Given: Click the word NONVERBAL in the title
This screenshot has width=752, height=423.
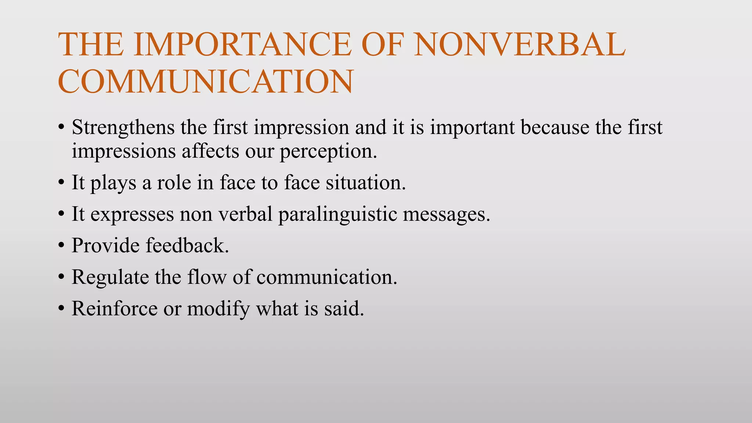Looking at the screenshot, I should [x=519, y=44].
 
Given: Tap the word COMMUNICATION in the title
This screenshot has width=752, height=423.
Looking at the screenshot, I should [x=206, y=82].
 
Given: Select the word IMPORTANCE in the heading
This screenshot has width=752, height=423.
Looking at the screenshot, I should [x=243, y=44].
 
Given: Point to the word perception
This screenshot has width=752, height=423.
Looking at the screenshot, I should [x=328, y=151].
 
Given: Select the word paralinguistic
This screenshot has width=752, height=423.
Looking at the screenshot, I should [x=337, y=214].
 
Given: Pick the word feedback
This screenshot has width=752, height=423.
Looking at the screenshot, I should [x=187, y=245].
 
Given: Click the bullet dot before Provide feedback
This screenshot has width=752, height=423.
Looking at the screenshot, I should [x=61, y=246].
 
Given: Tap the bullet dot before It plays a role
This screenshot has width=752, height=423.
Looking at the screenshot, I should [x=61, y=183].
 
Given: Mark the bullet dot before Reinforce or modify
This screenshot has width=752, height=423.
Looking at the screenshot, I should [x=61, y=309].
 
